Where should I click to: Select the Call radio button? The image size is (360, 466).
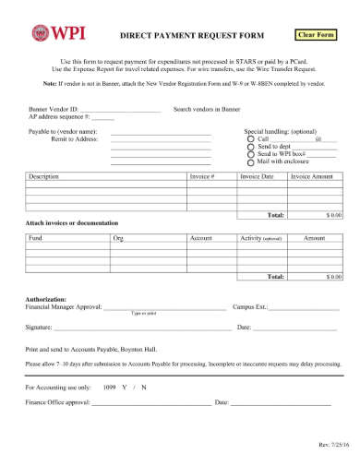point(250,139)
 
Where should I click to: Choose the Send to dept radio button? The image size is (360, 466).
point(250,148)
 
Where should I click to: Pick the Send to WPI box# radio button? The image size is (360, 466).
point(250,155)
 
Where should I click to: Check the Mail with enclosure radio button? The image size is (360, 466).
point(250,162)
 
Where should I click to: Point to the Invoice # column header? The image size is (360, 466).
point(201,175)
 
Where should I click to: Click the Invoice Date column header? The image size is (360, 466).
point(257,175)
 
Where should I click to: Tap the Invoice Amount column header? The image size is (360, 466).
point(311,175)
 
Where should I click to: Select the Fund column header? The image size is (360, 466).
point(35,238)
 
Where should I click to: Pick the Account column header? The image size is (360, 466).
point(201,238)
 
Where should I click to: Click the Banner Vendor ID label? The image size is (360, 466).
point(52,109)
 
